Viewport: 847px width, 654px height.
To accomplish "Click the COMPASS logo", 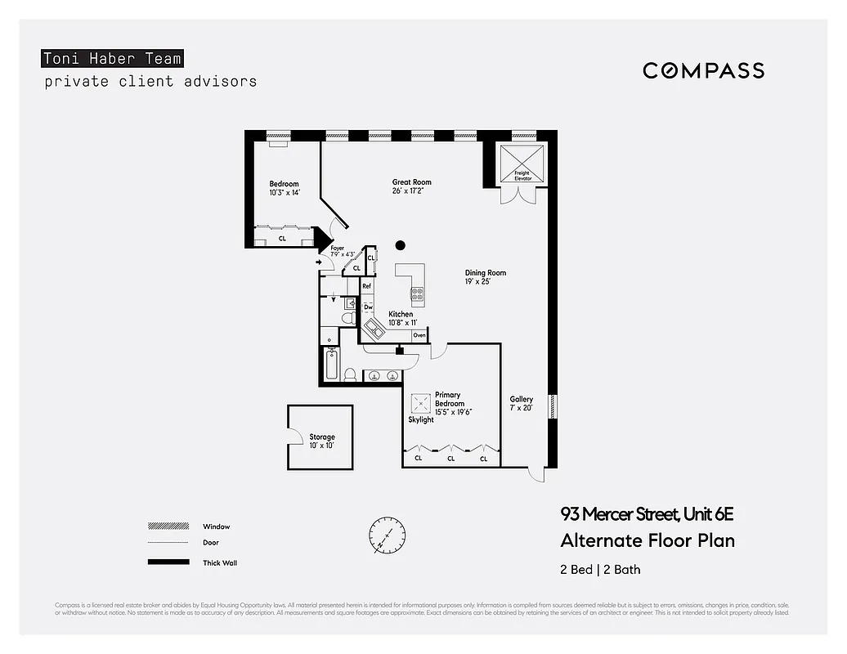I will tap(703, 70).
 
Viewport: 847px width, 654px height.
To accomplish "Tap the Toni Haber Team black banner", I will tap(112, 59).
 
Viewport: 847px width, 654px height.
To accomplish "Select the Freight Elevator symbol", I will tap(522, 163).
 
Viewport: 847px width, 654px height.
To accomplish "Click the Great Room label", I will tap(411, 182).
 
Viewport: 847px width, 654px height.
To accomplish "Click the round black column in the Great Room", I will tap(401, 244).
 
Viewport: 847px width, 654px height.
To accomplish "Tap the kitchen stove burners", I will tap(417, 293).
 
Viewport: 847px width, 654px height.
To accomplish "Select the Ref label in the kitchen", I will tap(367, 286).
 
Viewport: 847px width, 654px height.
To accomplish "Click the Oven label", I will tap(419, 335).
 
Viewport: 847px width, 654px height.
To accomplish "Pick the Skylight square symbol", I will tap(422, 404).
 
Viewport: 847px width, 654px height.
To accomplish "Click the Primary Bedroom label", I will tap(450, 399).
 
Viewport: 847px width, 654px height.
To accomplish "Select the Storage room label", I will tap(321, 437).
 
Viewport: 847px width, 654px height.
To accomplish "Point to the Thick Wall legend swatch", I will tap(164, 562).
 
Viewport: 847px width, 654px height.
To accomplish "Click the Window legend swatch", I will tap(164, 526).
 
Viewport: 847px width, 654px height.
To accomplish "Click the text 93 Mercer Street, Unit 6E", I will tap(647, 514).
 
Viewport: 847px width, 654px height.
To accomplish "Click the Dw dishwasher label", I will tap(368, 307).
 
